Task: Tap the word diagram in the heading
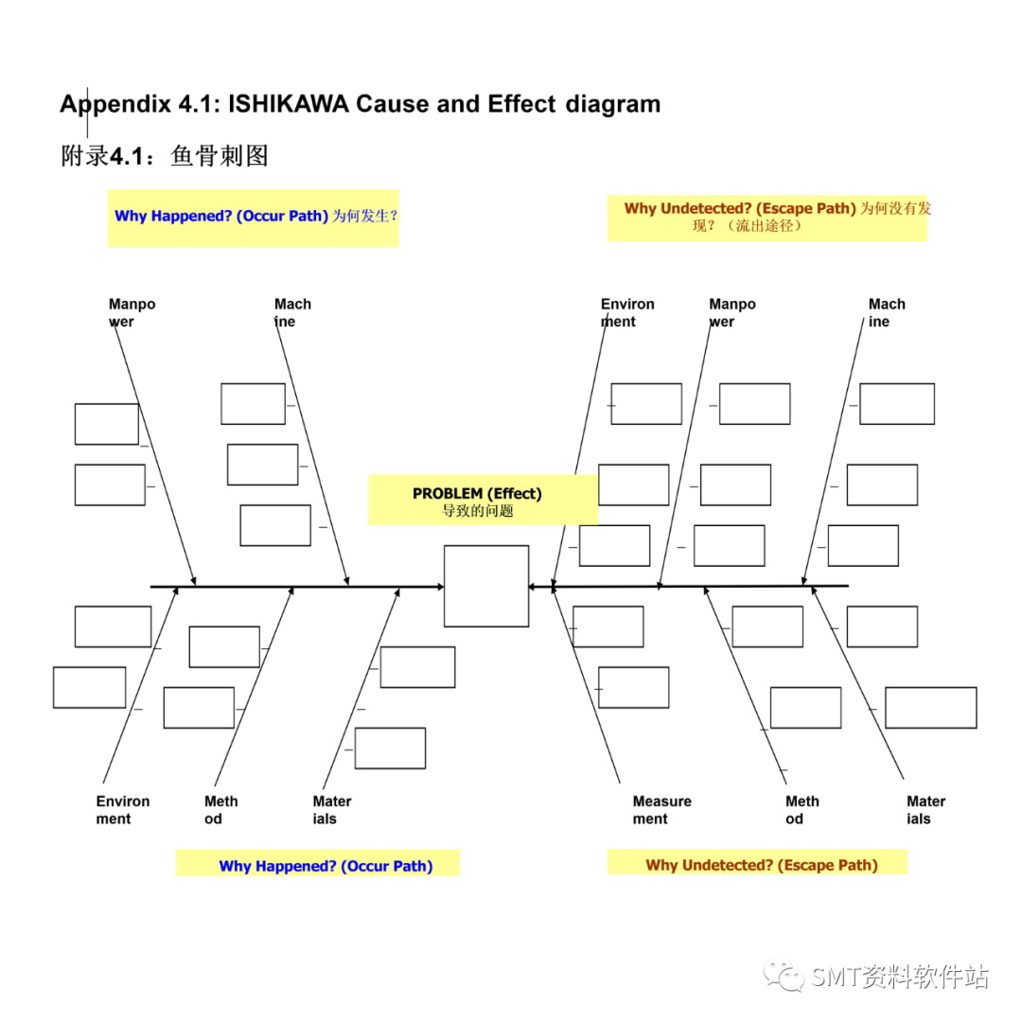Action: [613, 104]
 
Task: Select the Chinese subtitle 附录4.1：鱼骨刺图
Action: [164, 156]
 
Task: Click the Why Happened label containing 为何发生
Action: [255, 216]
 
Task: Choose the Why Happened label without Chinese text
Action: [326, 866]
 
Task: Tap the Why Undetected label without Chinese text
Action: [761, 865]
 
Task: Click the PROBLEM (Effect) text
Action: [477, 493]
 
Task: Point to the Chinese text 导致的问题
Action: [477, 511]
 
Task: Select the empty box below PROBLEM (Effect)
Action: [486, 586]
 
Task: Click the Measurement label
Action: [661, 810]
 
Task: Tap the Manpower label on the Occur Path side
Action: [132, 313]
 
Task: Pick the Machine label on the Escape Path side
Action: [886, 313]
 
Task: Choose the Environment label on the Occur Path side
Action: [122, 810]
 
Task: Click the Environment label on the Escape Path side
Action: [626, 313]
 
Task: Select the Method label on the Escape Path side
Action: [802, 810]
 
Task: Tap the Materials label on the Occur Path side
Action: [331, 810]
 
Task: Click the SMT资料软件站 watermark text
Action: [899, 977]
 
